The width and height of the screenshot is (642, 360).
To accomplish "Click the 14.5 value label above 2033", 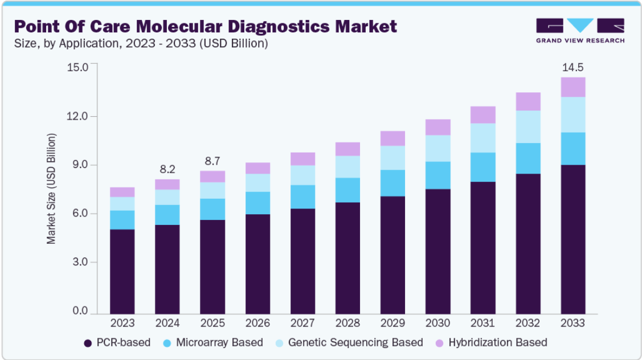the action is (x=573, y=68).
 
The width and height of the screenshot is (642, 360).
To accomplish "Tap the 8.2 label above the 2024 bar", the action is (x=167, y=169).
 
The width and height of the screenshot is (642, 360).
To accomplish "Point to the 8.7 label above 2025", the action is (x=212, y=161).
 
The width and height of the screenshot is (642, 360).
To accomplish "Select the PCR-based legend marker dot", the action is (x=88, y=343).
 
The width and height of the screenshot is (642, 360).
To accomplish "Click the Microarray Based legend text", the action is (x=219, y=342).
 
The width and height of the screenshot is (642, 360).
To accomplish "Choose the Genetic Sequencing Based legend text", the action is (x=355, y=342).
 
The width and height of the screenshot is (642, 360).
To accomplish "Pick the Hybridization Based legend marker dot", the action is (x=439, y=343).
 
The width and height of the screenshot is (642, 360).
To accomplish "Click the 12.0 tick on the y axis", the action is (x=77, y=116).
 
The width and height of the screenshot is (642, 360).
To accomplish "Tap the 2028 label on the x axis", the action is (x=347, y=323).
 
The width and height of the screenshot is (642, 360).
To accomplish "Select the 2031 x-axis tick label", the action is (x=482, y=323).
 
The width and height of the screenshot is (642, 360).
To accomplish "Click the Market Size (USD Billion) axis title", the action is (x=51, y=189).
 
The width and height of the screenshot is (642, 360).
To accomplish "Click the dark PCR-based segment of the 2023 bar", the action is (x=122, y=272).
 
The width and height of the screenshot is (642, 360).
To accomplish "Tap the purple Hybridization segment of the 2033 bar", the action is (x=573, y=87).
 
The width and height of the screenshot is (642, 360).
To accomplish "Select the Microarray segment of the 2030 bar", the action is (x=437, y=175).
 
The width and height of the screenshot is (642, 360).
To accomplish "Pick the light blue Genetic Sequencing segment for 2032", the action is (x=527, y=126).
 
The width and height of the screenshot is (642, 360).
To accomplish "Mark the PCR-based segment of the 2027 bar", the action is (x=302, y=261).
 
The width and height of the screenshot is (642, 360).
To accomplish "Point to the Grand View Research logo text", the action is (x=580, y=40).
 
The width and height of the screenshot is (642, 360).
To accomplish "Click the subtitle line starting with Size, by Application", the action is (x=141, y=43).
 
